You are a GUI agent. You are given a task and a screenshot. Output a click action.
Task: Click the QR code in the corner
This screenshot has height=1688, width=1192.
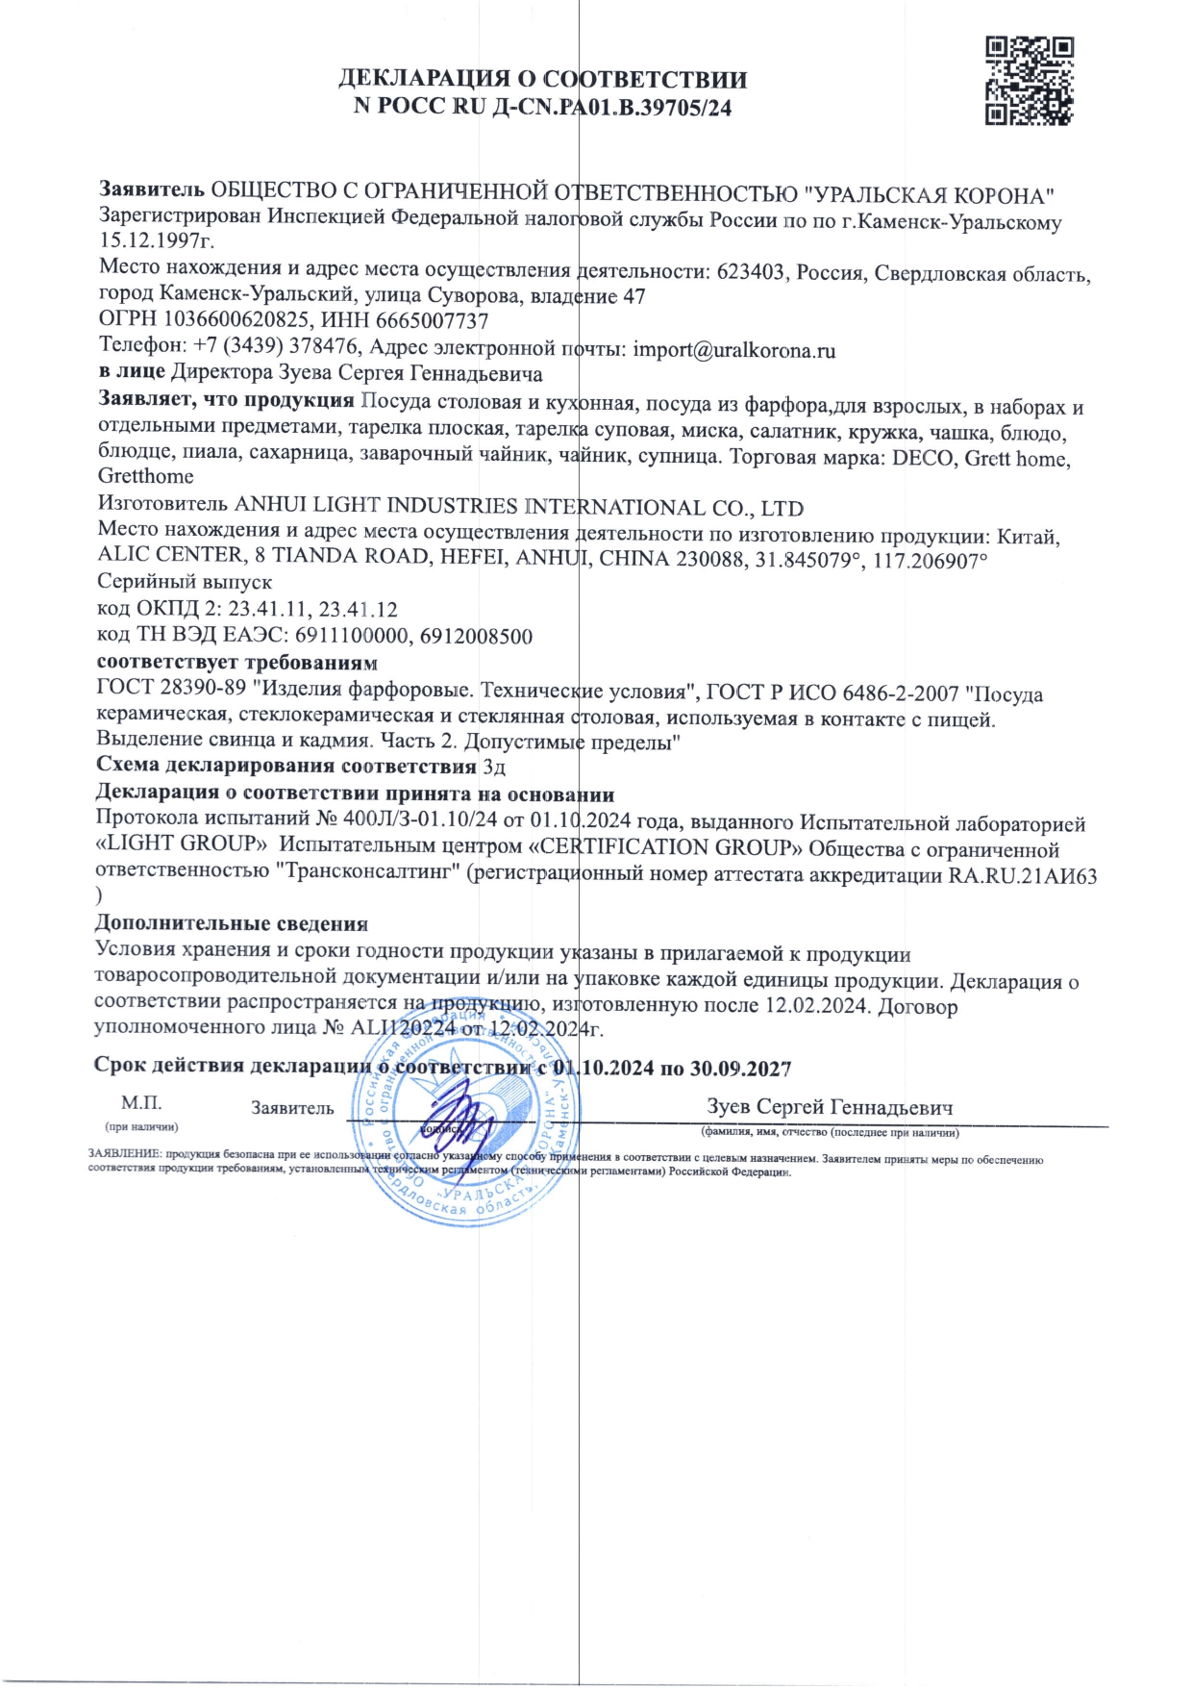pos(1029,81)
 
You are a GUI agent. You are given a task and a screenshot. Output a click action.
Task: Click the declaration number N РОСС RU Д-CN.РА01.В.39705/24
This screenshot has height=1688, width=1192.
pos(542,108)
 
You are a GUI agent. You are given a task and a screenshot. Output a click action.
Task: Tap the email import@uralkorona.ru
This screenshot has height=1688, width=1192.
pos(734,350)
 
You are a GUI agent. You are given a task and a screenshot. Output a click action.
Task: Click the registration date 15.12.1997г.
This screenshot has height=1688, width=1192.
pos(158,240)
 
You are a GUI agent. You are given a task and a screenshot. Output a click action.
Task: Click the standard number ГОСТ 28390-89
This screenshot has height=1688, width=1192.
pos(171,688)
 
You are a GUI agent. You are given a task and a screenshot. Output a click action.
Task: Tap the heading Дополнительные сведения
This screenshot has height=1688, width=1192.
pos(232,923)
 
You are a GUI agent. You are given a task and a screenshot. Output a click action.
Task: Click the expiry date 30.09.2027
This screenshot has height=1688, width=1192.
pos(740,1069)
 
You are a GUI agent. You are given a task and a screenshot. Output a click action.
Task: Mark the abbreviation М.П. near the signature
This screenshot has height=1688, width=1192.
pos(141,1103)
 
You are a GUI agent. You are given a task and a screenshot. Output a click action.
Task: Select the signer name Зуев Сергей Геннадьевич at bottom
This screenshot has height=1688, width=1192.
pos(830,1107)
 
